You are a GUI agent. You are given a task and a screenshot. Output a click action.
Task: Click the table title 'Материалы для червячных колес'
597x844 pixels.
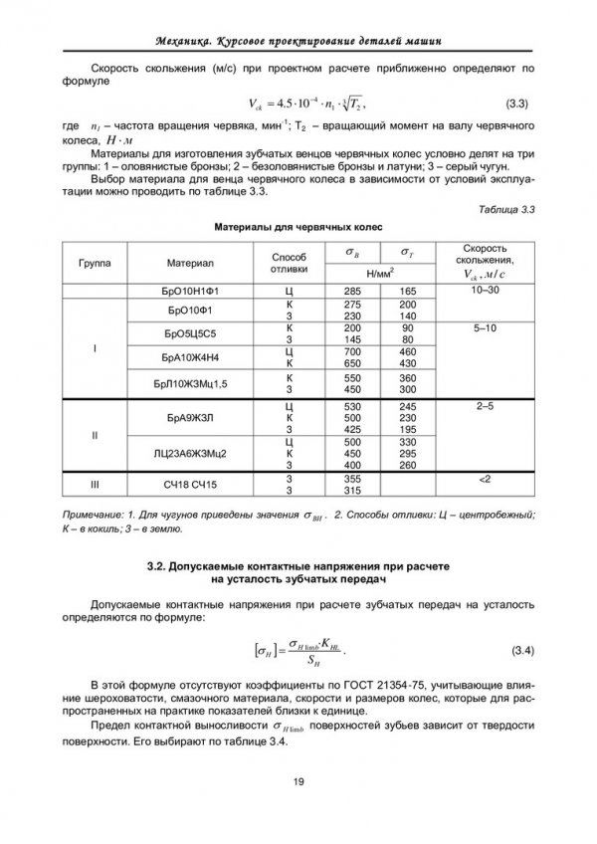click(298, 227)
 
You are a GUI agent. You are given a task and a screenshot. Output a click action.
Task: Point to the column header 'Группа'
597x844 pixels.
click(95, 263)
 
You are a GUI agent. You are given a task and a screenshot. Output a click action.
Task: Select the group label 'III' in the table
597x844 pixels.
click(95, 485)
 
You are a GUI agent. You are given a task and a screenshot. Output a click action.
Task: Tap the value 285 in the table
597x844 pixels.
click(351, 291)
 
